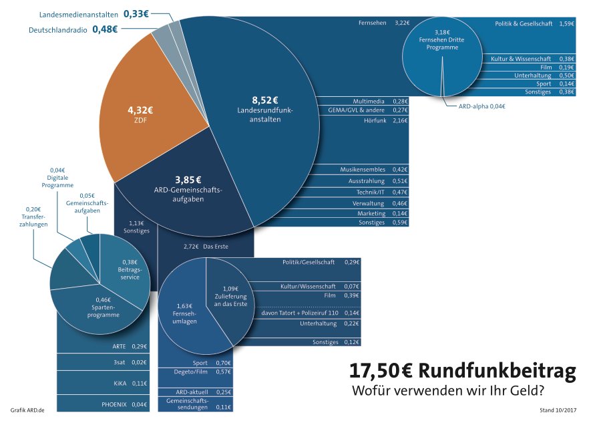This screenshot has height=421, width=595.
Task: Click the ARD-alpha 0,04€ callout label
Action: (x=481, y=106)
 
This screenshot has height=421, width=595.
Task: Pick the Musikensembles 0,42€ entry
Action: (x=373, y=170)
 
